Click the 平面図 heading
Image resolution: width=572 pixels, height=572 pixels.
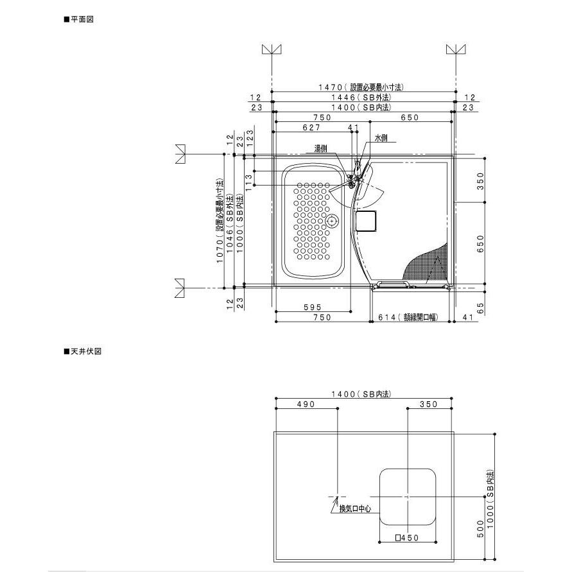79,19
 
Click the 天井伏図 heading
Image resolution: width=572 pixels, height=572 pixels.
82,351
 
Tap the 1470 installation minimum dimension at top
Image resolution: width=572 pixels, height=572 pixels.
361,87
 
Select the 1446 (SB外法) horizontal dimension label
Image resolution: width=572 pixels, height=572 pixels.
361,98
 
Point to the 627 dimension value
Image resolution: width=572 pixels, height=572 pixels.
311,127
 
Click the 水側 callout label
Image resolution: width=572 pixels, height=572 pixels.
381,138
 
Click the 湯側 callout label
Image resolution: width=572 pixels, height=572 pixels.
320,148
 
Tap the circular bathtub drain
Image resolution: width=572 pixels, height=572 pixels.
332,221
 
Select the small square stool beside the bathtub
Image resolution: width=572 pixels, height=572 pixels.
367,221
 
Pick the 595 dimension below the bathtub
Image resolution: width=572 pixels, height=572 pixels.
313,308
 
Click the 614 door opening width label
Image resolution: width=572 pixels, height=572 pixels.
408,317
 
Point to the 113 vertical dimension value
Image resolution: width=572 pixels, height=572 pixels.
250,182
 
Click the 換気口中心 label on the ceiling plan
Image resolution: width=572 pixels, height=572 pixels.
355,508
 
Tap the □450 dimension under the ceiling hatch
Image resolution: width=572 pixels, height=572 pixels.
408,538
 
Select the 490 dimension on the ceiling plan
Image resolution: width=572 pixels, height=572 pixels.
306,404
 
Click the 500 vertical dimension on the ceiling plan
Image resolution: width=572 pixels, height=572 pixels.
480,528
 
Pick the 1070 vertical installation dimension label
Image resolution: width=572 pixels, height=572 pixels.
220,221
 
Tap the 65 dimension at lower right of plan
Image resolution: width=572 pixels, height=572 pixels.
480,308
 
